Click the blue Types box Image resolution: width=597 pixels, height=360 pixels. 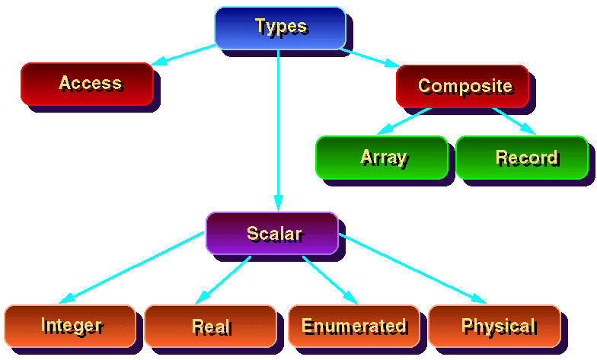280,27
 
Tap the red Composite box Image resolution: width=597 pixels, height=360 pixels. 462,86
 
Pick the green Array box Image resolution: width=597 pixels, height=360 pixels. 382,158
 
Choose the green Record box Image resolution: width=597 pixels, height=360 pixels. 522,158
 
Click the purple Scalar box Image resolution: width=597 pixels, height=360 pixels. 272,233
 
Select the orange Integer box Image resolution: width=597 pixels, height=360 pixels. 70,326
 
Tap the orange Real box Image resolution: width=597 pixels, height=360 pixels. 210,326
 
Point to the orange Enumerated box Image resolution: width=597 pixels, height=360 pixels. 353,326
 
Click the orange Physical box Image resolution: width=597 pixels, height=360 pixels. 494,326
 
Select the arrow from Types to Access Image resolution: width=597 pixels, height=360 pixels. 184,55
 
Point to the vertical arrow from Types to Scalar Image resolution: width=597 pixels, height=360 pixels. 279,129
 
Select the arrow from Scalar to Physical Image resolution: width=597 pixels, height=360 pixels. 411,269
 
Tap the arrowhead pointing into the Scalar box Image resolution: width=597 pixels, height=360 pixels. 279,203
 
